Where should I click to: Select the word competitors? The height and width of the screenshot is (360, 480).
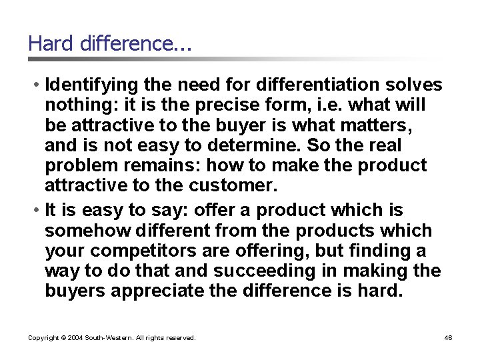click(x=138, y=251)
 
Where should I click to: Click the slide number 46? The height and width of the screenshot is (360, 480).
click(x=448, y=338)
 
